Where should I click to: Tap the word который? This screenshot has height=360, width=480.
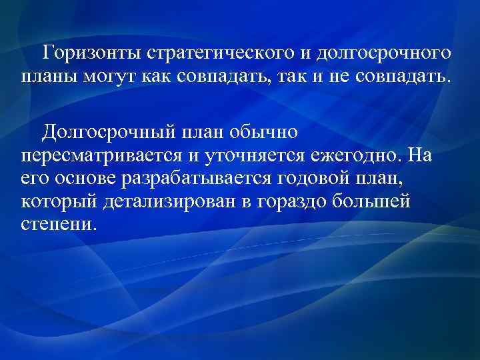[x=54, y=202]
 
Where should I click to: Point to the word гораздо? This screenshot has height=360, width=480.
[x=291, y=202]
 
